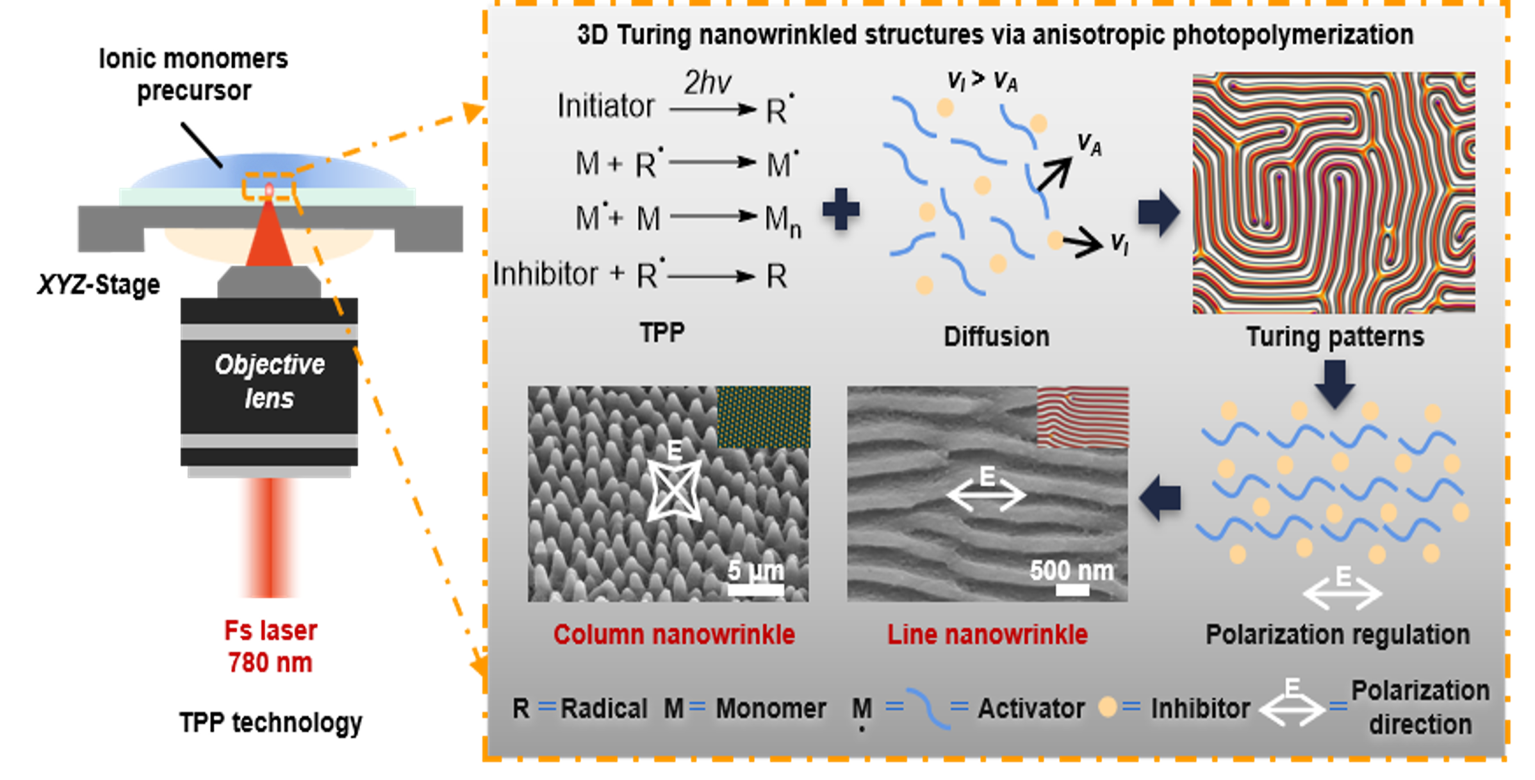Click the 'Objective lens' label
269,381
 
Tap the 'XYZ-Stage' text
99,284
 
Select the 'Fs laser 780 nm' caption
270,647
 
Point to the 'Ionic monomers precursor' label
193,74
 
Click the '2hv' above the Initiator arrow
707,83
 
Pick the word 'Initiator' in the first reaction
605,106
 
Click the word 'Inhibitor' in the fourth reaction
545,274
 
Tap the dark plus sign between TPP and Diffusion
841,209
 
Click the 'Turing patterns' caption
1334,337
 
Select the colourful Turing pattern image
1333,193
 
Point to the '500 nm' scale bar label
1071,570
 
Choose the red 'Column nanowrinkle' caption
674,635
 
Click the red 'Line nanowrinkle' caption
987,635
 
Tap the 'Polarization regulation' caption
1338,635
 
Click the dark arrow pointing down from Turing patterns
1334,383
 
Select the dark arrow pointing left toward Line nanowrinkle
1160,498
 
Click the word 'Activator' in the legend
1031,708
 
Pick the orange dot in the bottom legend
1108,707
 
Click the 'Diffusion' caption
996,337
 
